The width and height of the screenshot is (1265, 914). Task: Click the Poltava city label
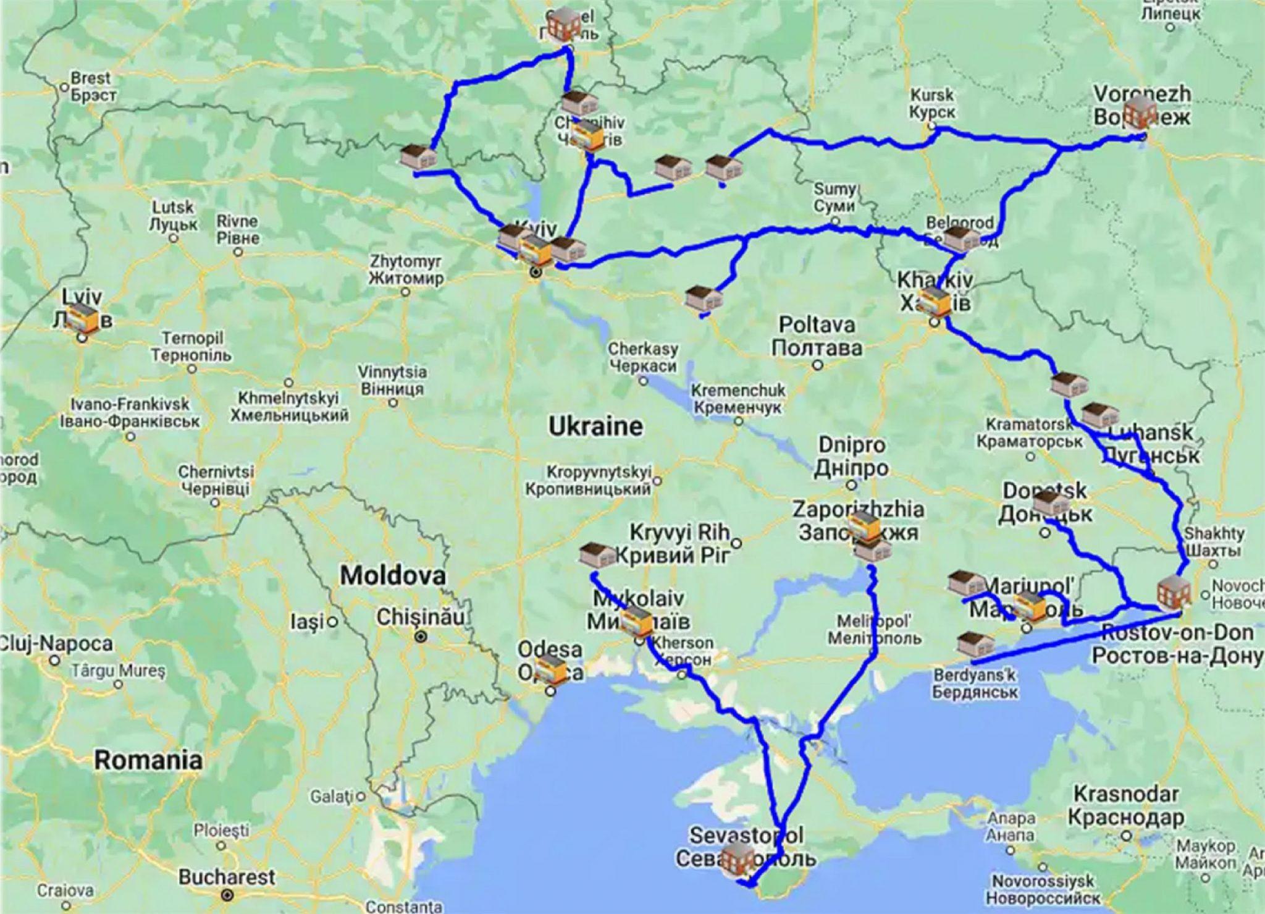pos(817,336)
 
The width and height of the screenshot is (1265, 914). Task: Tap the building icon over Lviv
pos(85,317)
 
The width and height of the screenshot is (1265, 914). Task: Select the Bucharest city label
pos(226,876)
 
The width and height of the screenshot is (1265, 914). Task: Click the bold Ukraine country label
pos(595,426)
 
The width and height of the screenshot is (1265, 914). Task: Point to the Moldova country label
pos(393,576)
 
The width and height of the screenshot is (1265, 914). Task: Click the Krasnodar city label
pos(1126,805)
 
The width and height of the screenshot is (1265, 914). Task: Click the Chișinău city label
pos(420,617)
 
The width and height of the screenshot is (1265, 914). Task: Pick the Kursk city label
pos(932,104)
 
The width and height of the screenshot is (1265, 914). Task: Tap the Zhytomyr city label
pos(406,269)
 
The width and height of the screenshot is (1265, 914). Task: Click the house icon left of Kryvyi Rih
pos(597,554)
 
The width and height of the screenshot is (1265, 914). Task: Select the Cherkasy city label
pos(642,357)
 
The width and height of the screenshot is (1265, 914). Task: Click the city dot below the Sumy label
pos(834,221)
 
